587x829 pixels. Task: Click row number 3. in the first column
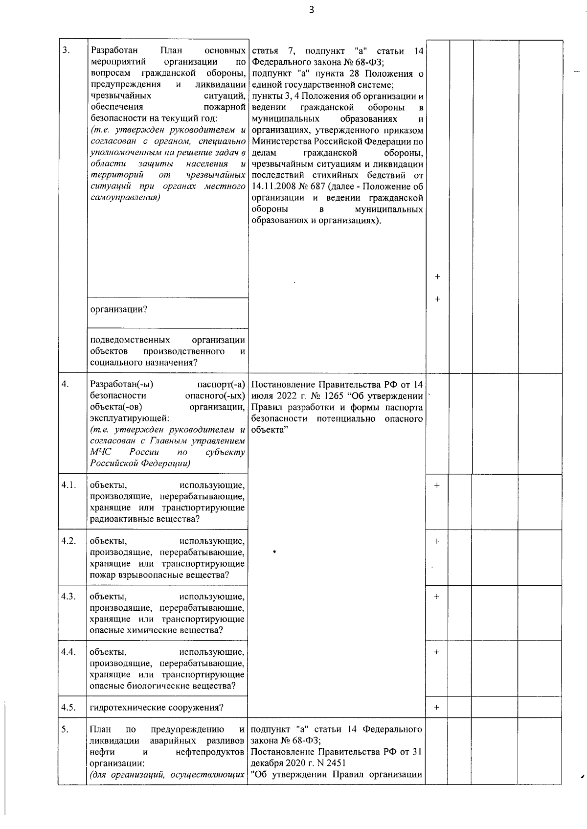66,50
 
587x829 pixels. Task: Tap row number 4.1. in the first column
68,485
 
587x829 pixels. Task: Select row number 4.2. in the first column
68,541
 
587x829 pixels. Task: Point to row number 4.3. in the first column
68,596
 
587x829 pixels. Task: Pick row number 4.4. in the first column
68,652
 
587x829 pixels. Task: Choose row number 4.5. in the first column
68,707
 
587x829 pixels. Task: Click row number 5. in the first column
65,730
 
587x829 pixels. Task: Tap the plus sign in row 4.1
437,485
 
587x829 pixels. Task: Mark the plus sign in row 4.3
437,597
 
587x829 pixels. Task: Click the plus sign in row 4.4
437,652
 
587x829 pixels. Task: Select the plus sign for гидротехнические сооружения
437,708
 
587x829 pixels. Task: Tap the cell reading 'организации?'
119,310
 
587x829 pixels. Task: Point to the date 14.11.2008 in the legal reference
273,186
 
